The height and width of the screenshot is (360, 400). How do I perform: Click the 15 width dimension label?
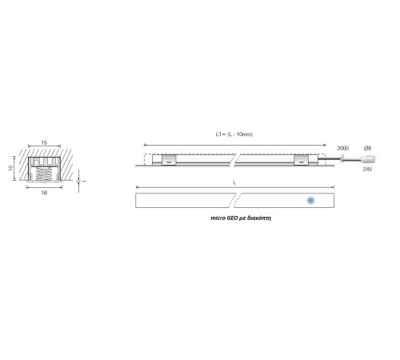44,142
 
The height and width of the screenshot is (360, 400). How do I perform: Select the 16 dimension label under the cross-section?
44,192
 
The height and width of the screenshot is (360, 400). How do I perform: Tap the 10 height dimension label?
10,168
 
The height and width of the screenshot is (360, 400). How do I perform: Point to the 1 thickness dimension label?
85,181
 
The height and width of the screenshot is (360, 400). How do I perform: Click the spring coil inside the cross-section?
43,174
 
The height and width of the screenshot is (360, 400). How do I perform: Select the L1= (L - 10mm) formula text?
234,134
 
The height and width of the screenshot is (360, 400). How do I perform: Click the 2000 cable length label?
342,148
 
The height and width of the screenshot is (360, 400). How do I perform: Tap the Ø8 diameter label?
367,148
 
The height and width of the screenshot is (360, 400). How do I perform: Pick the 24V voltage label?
367,169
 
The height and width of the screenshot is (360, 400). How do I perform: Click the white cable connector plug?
368,159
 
